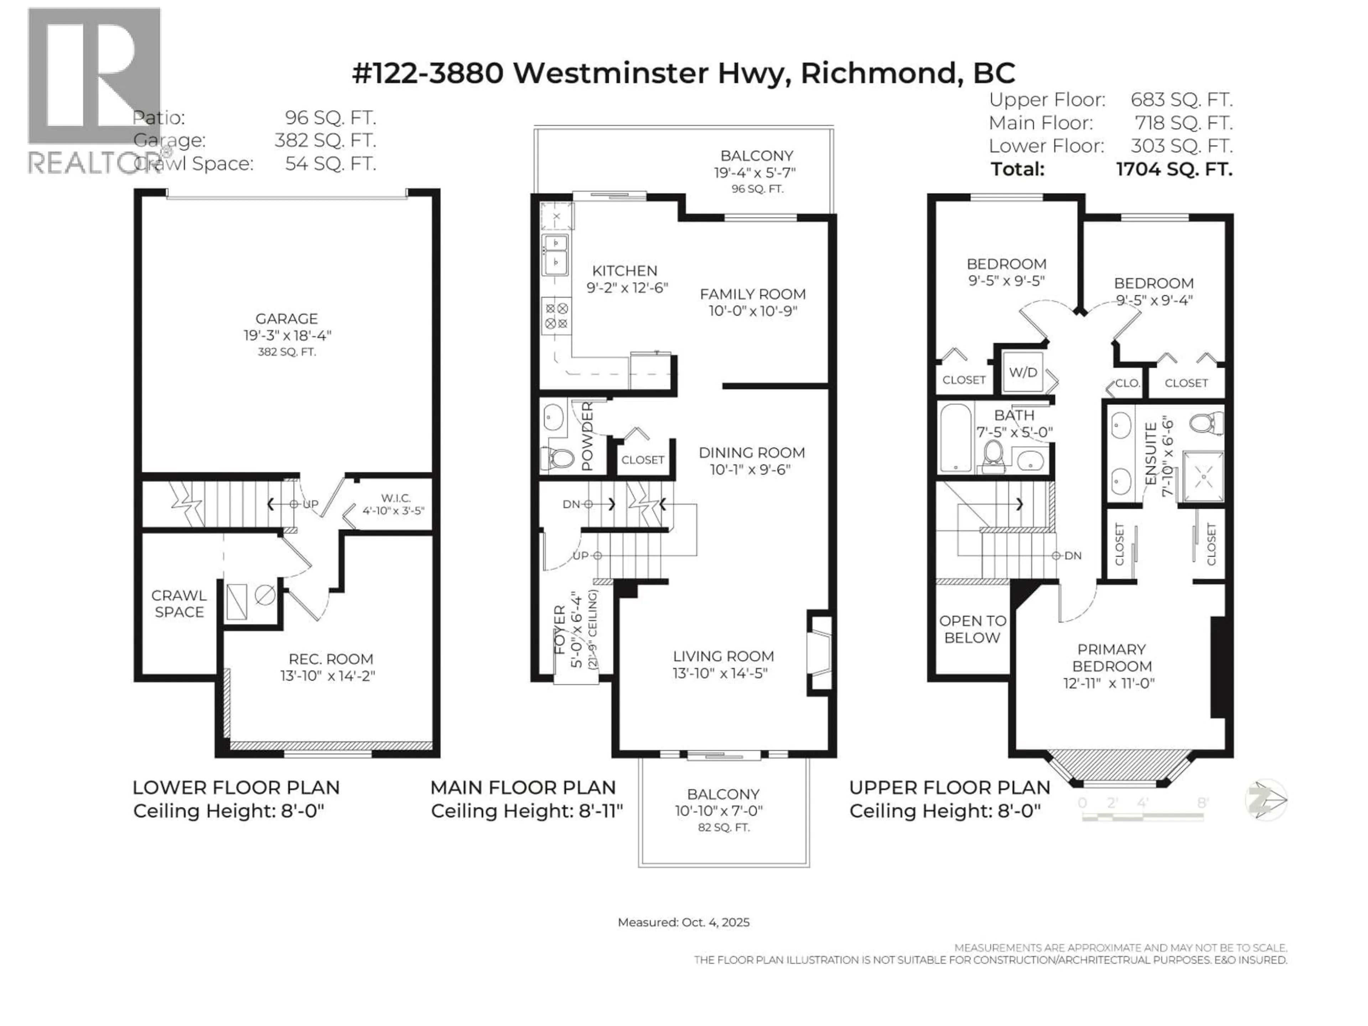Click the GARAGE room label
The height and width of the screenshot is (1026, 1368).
tap(286, 318)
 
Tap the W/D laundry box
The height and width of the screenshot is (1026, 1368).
tap(1023, 372)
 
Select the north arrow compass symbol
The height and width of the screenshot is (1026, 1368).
tap(1266, 800)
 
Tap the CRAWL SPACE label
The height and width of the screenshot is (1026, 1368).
tap(179, 603)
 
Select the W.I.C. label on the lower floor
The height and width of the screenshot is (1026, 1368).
tap(396, 498)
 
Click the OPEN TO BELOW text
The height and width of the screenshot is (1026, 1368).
tap(972, 629)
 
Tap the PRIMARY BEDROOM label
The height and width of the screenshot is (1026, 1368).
tap(1111, 657)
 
